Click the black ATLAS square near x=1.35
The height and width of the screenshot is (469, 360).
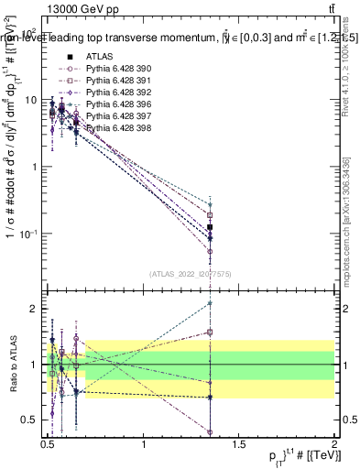click(211, 226)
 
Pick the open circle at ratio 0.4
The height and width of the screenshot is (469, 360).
click(211, 431)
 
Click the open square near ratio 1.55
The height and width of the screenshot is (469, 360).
click(211, 333)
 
